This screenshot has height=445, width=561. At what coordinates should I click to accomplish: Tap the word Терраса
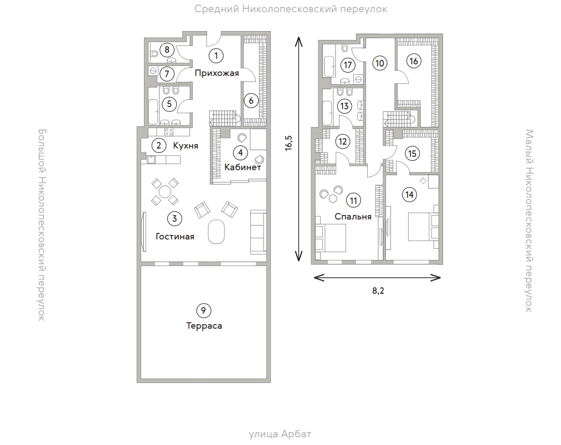204,326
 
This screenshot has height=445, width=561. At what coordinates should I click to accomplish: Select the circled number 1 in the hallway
216,55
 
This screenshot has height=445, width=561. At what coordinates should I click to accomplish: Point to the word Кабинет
242,166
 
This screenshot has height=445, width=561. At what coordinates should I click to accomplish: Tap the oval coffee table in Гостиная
217,233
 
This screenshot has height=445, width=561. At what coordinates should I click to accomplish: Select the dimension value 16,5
289,143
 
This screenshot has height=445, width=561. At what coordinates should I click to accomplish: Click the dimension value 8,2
378,291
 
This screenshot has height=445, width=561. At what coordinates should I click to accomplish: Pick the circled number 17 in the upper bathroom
347,65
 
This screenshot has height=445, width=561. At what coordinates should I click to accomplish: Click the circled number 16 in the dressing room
413,61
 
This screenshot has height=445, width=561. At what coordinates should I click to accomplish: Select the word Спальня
352,217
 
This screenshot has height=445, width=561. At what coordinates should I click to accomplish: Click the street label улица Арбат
284,434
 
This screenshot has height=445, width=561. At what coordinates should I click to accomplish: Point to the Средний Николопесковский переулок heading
291,9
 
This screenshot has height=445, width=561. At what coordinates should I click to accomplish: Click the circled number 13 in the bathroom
345,105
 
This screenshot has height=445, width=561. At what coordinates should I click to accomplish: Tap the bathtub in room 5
152,112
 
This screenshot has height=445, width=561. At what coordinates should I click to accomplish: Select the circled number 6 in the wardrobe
251,101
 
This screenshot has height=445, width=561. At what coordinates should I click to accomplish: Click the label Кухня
186,146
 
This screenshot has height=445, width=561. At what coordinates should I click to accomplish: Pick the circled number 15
411,153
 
